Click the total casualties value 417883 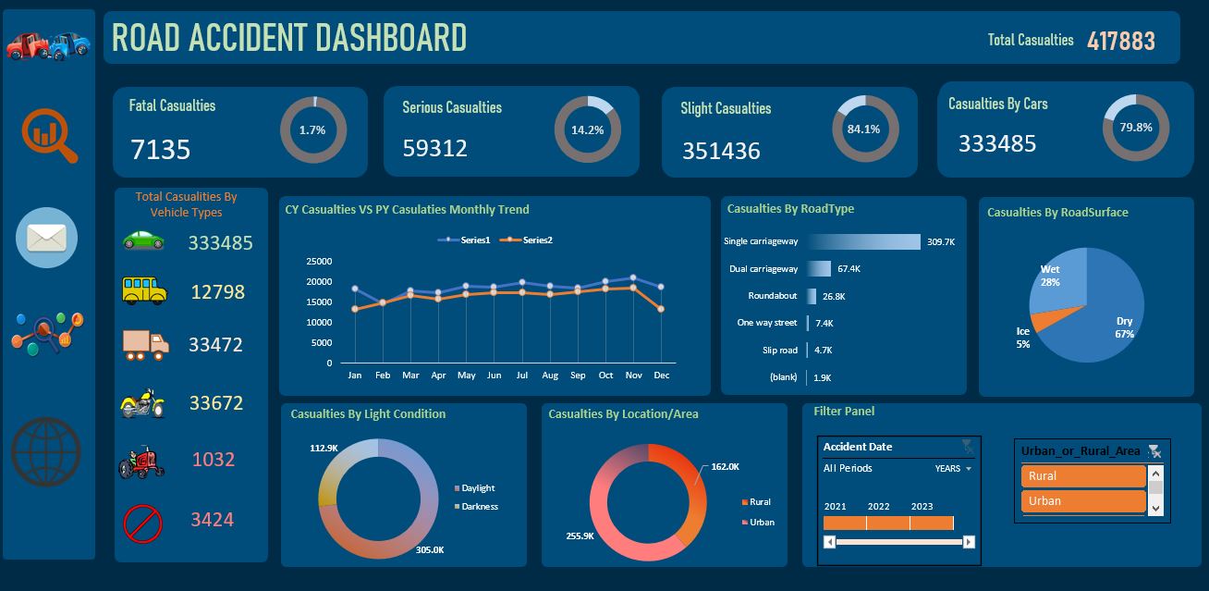[1120, 41]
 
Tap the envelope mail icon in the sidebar [46, 239]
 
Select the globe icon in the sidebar [46, 451]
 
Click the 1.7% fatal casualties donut [312, 130]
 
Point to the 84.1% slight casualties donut [864, 129]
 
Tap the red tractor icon [141, 461]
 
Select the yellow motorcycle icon [143, 403]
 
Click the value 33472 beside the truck [215, 345]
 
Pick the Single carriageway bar [863, 241]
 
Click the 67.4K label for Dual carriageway [849, 269]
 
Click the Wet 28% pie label [1050, 276]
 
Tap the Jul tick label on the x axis [522, 376]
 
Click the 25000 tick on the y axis [318, 262]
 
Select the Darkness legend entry [478, 507]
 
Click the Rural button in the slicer [1082, 476]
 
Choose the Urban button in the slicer [1082, 501]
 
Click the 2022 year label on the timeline [878, 507]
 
